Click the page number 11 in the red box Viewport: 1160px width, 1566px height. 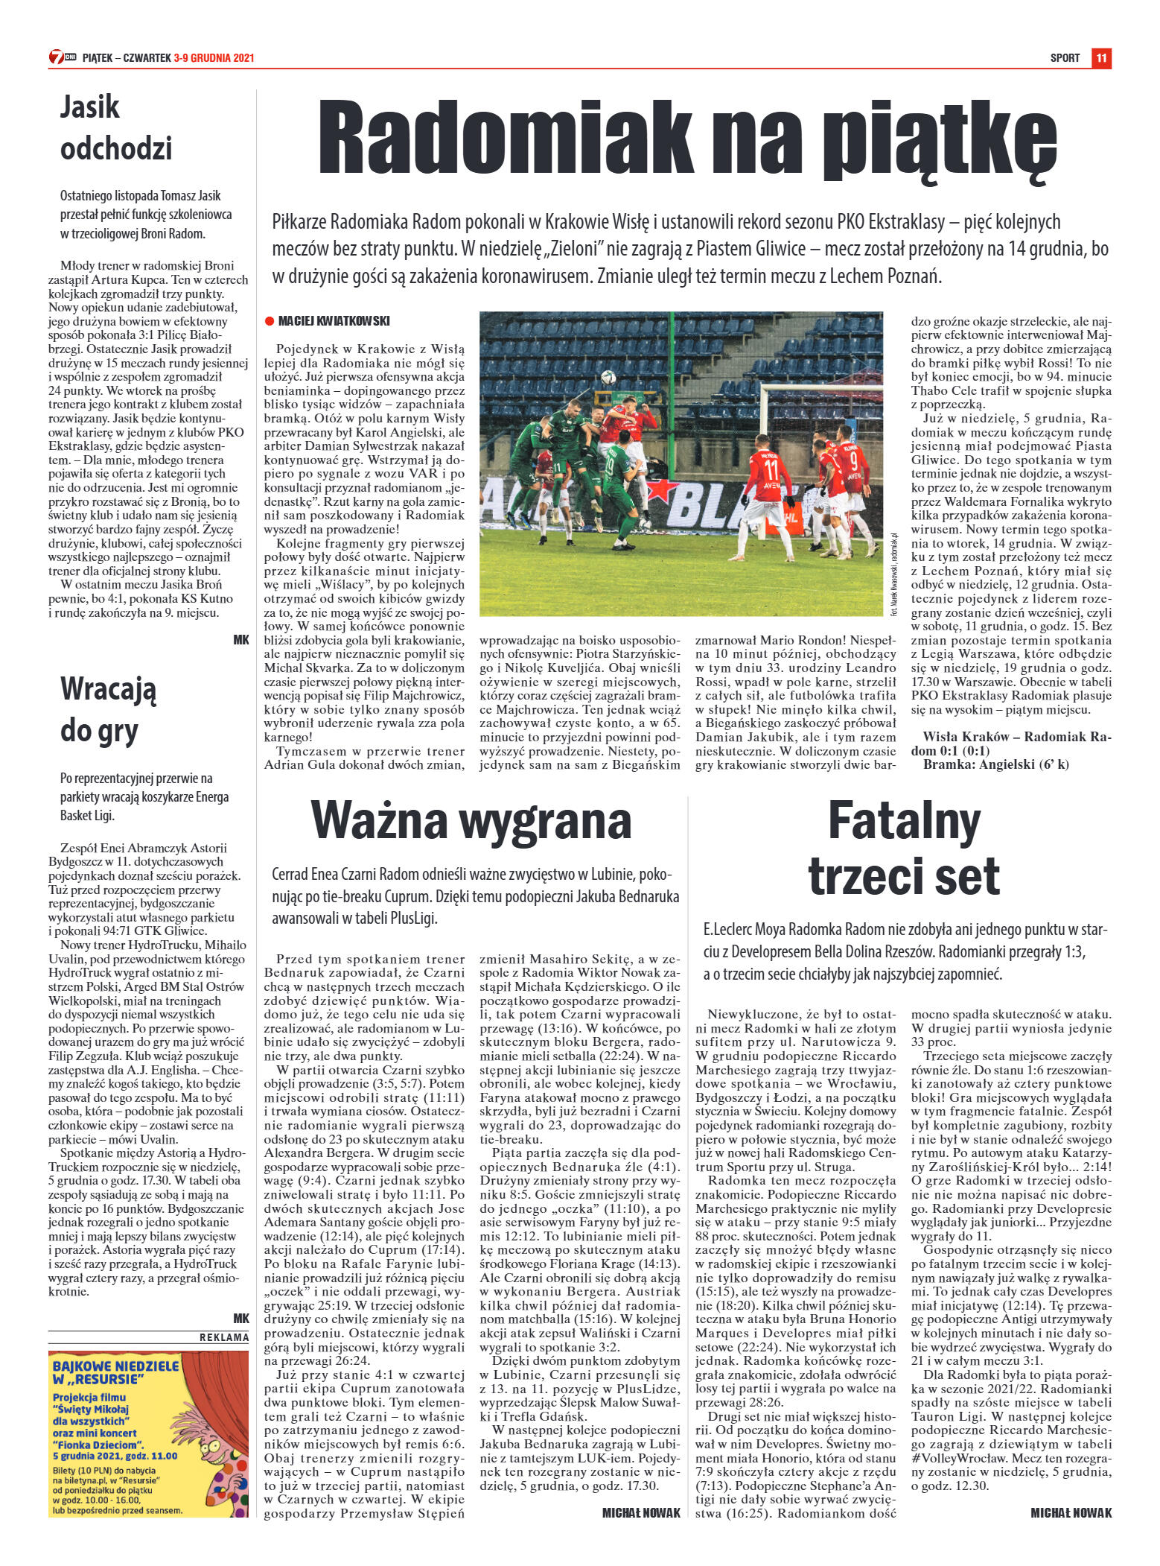click(1102, 58)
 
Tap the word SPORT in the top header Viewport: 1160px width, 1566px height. click(1065, 58)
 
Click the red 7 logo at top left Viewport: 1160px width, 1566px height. click(57, 57)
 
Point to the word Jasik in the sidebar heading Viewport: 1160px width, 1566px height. click(89, 107)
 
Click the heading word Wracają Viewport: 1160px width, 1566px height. click(108, 689)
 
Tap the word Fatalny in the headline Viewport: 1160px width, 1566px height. click(904, 820)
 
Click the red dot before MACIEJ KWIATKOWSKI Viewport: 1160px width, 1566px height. click(270, 321)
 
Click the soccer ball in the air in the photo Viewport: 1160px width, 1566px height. click(609, 378)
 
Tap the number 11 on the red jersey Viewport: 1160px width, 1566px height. click(771, 471)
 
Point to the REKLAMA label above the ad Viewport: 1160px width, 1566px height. click(223, 1337)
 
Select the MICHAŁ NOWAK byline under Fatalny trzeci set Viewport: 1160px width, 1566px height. click(1071, 1512)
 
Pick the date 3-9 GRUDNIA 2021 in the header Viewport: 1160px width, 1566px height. click(214, 58)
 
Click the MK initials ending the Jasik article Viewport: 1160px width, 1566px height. click(241, 639)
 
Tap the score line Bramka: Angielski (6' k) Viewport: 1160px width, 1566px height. click(995, 764)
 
